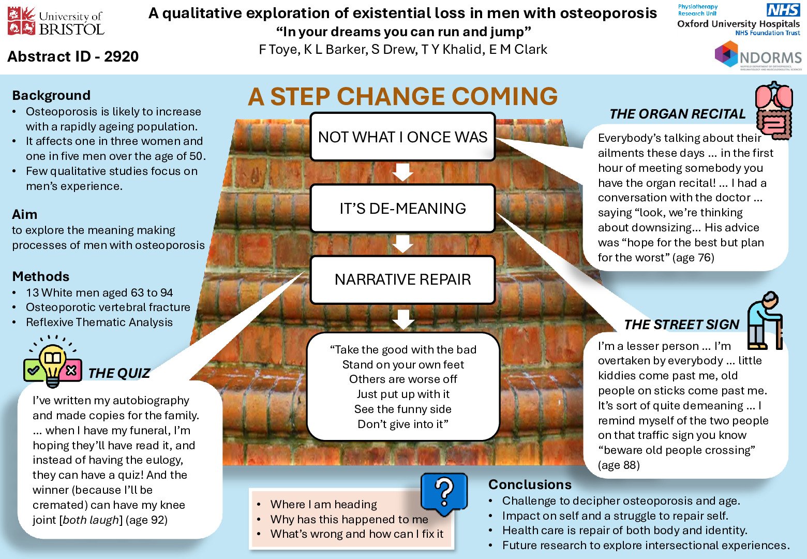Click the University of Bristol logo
click(56, 22)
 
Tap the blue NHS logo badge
click(783, 10)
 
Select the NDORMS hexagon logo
click(726, 54)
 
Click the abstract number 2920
click(121, 56)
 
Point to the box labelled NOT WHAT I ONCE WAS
click(402, 137)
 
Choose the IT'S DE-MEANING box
click(402, 209)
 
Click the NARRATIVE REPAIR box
click(402, 279)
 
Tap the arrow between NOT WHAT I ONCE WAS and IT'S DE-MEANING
click(402, 172)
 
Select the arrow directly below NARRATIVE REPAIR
click(402, 319)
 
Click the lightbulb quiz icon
click(53, 362)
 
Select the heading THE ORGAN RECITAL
click(677, 114)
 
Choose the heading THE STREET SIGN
click(681, 325)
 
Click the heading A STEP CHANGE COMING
click(402, 96)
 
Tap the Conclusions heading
click(530, 484)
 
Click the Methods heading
click(40, 276)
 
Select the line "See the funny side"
click(402, 409)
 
